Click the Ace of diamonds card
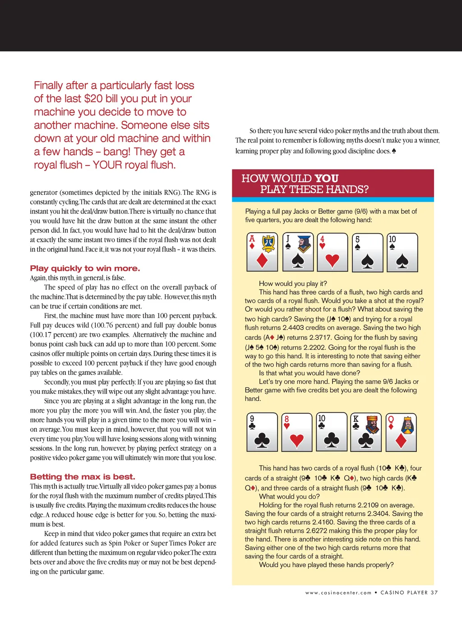[262, 252]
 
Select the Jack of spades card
[297, 252]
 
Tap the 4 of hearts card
[333, 252]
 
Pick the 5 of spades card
[368, 252]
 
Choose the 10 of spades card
[402, 252]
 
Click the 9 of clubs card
[262, 432]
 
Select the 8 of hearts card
[297, 432]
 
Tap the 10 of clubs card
[332, 432]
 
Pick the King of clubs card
[366, 432]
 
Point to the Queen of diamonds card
[401, 432]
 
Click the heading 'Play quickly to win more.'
[85, 268]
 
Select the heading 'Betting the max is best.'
[83, 477]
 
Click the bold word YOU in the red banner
[326, 178]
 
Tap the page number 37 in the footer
[434, 593]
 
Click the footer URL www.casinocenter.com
[338, 593]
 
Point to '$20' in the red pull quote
[93, 99]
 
